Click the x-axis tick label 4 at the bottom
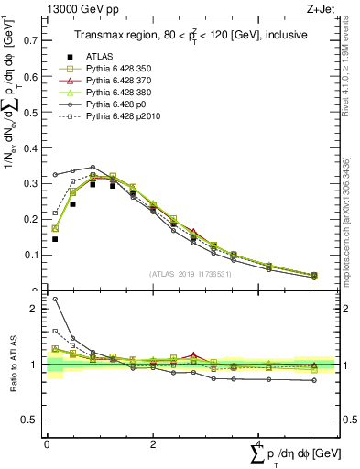258,445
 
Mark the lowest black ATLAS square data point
55,239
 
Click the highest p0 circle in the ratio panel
55,299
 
